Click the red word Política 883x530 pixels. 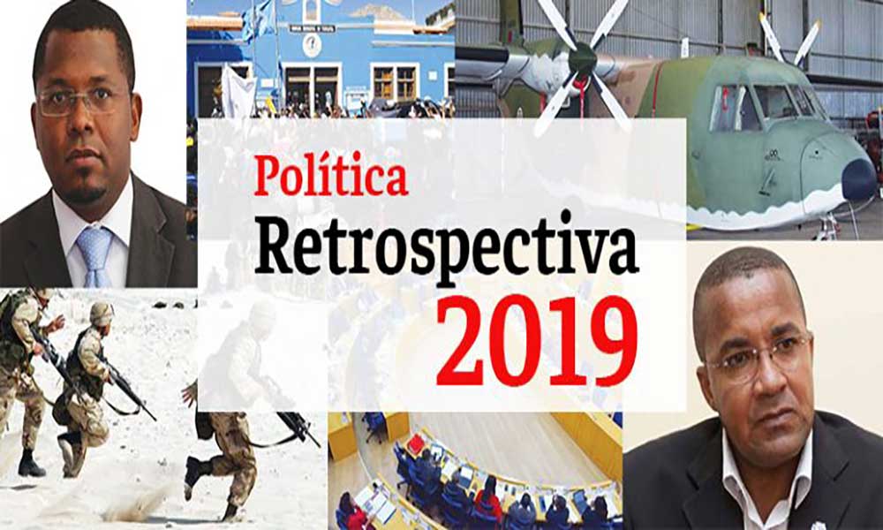(x=331, y=175)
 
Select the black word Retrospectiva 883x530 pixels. (x=446, y=249)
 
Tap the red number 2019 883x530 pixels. (x=537, y=341)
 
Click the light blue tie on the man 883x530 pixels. (x=94, y=256)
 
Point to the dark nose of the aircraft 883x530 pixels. (x=860, y=179)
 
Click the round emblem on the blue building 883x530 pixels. (x=312, y=46)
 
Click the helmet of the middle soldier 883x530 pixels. (x=102, y=313)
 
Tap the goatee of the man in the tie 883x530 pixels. (x=85, y=194)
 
